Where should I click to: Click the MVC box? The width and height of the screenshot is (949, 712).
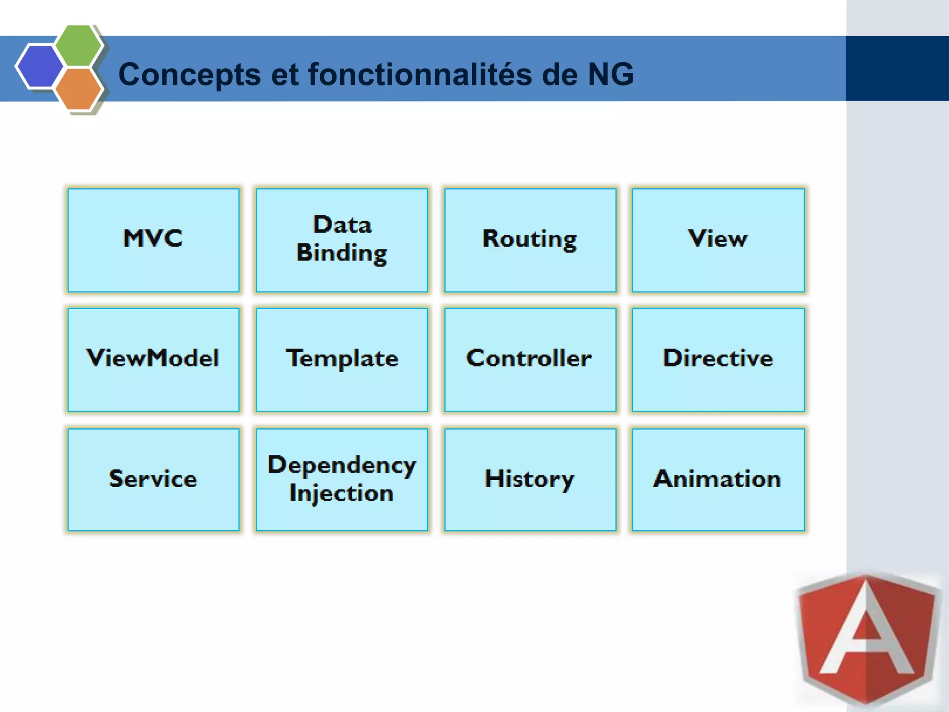point(153,240)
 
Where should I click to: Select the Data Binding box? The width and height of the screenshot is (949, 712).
point(342,240)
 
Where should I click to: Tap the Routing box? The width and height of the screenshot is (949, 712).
point(530,240)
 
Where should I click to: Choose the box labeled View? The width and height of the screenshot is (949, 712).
point(718,240)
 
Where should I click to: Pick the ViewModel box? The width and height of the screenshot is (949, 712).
point(153,359)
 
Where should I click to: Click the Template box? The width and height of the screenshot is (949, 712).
point(342,359)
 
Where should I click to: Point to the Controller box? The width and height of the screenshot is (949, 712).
point(530,359)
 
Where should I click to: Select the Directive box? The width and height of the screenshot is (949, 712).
point(718,359)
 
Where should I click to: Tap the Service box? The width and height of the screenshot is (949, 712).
point(153,479)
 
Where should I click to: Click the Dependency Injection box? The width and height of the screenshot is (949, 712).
point(342,479)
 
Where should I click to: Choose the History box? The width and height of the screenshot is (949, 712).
point(530,479)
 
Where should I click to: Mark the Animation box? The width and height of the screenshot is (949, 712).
point(718,479)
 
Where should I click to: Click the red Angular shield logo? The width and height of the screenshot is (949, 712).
point(867,640)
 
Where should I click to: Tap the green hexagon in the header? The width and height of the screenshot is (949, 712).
point(78,45)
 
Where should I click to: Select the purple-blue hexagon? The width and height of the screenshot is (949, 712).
point(39,66)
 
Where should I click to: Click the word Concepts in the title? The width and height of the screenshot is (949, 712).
point(189,74)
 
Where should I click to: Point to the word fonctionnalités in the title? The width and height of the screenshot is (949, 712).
point(420,74)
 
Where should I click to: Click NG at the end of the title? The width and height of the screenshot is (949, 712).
point(610,74)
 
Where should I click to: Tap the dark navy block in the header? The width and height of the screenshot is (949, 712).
point(897,68)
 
